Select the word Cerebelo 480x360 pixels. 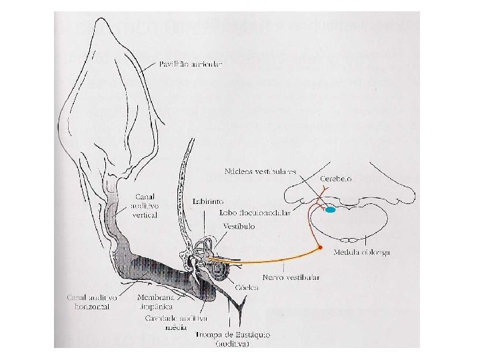pyautogui.click(x=335, y=179)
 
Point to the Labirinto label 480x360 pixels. pyautogui.click(x=208, y=200)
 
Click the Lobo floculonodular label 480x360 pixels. pyautogui.click(x=250, y=213)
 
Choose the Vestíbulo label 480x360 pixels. pyautogui.click(x=239, y=226)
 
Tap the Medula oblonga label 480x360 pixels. pyautogui.click(x=365, y=252)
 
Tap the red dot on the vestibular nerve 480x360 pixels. pyautogui.click(x=321, y=248)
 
